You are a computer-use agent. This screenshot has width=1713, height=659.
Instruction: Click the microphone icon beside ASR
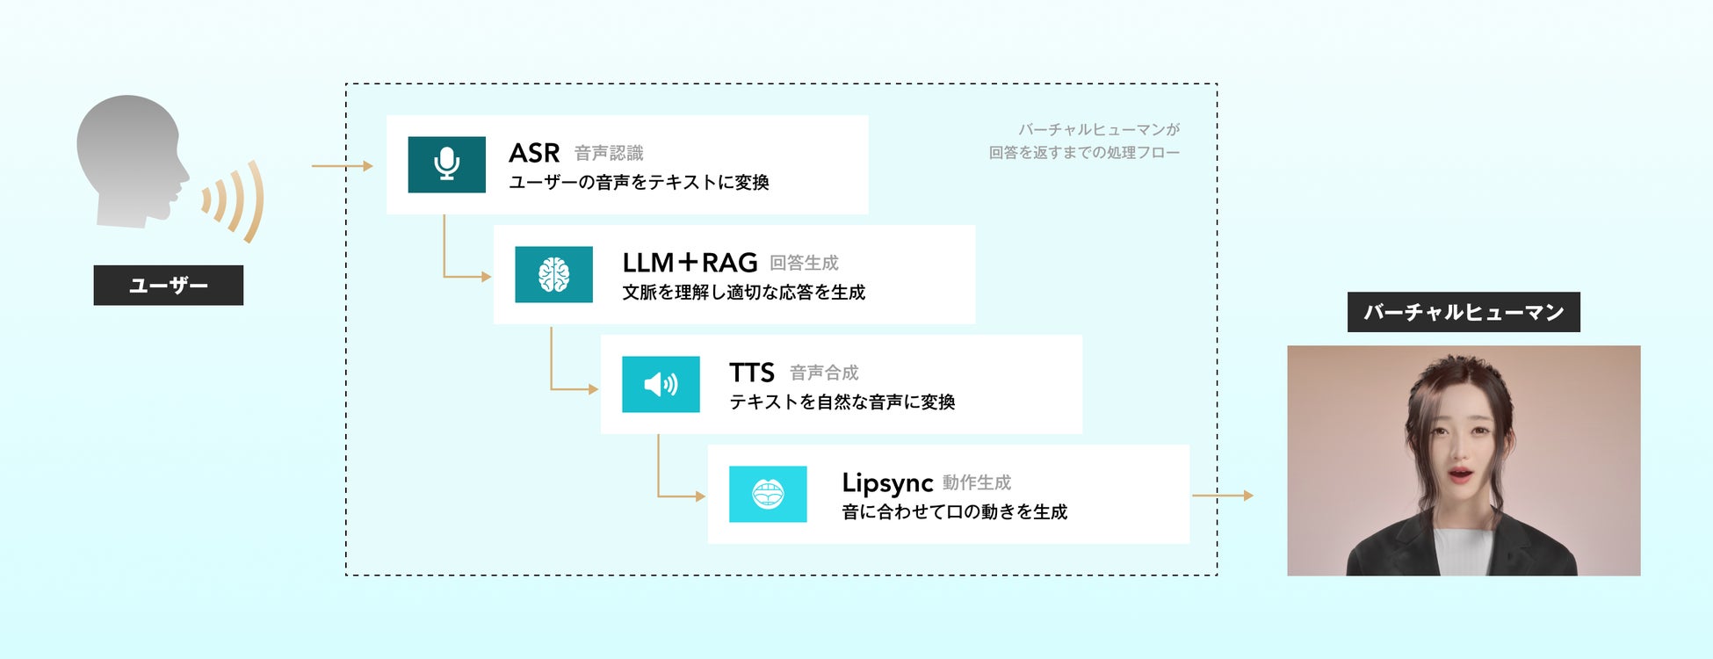pyautogui.click(x=446, y=164)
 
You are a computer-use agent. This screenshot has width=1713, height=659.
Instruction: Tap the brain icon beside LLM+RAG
pyautogui.click(x=553, y=274)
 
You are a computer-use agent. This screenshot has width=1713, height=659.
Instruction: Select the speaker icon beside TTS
pyautogui.click(x=661, y=384)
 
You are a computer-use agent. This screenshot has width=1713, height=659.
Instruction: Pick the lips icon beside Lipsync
pyautogui.click(x=768, y=494)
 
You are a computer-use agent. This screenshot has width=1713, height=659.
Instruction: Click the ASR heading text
pyautogui.click(x=534, y=153)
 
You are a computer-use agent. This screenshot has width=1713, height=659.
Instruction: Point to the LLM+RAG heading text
pyautogui.click(x=690, y=263)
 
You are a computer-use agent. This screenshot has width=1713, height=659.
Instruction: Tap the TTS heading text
pyautogui.click(x=752, y=373)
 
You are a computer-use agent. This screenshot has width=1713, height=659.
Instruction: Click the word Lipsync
pyautogui.click(x=886, y=482)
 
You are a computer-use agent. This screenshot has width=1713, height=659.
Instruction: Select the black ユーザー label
pyautogui.click(x=168, y=286)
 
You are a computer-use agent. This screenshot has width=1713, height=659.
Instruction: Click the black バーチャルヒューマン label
pyautogui.click(x=1464, y=312)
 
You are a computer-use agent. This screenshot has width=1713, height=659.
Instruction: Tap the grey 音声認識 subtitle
pyautogui.click(x=609, y=154)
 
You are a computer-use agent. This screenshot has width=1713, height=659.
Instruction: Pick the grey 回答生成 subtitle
pyautogui.click(x=804, y=264)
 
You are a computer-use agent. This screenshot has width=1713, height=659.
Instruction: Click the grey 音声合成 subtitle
pyautogui.click(x=824, y=373)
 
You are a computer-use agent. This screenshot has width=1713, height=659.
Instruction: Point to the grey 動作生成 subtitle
pyautogui.click(x=977, y=483)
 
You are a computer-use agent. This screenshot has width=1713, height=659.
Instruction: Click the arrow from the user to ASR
pyautogui.click(x=342, y=165)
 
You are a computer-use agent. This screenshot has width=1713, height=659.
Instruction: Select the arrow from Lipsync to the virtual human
pyautogui.click(x=1222, y=496)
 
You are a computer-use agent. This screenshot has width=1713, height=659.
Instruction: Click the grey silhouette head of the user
pyautogui.click(x=132, y=158)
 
